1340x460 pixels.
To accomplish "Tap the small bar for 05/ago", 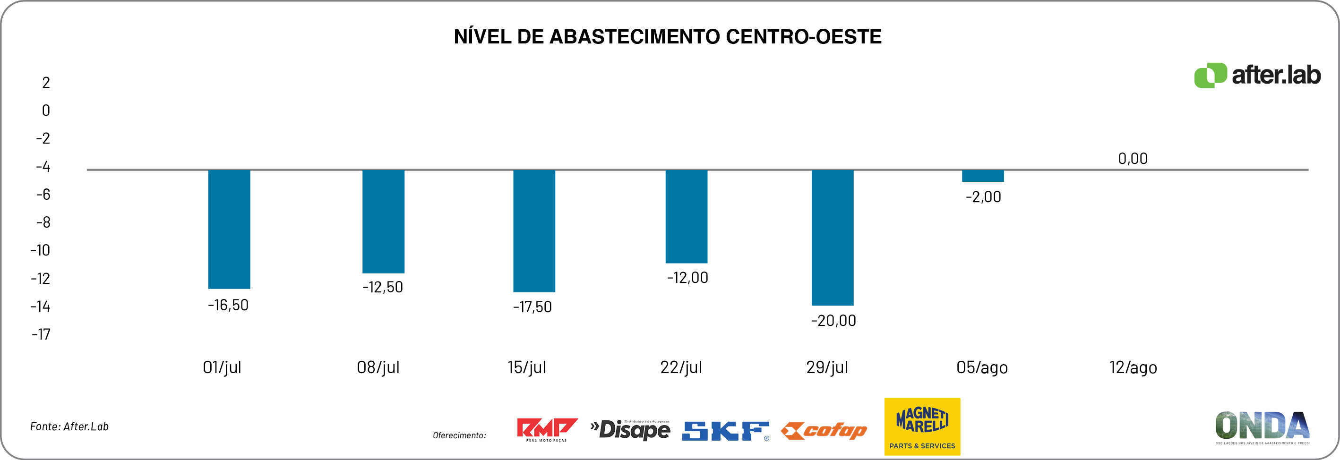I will click(983, 176).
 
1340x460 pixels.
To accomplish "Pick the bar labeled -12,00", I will click(686, 216).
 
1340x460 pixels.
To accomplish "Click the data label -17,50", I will click(532, 307).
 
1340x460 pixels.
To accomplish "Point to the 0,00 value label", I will click(1133, 159).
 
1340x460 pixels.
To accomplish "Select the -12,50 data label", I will click(382, 287).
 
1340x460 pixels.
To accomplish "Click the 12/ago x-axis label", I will click(1133, 367).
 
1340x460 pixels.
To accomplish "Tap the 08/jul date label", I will click(378, 367).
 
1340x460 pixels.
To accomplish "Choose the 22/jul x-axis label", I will click(681, 367).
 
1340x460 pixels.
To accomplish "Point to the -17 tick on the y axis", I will click(41, 334).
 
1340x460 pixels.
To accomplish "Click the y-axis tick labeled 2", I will click(46, 83).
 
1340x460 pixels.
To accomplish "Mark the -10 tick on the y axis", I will click(40, 250).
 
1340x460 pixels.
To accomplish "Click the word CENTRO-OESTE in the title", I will click(803, 37).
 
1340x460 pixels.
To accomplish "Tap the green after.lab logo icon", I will click(1210, 76).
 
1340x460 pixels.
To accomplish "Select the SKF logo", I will click(725, 431).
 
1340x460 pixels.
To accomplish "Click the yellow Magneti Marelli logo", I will click(922, 427).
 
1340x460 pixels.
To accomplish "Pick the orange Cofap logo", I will click(824, 431).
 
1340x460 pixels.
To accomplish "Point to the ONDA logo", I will click(1262, 427).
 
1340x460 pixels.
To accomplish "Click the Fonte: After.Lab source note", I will click(69, 427).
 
